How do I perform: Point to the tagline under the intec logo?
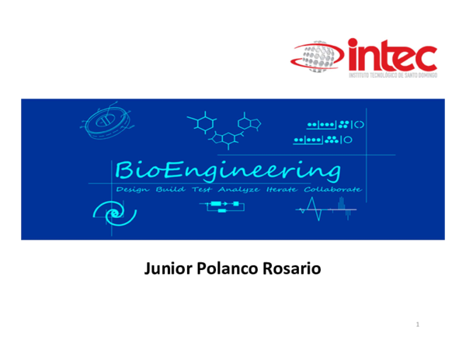click(393, 75)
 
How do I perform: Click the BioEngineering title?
click(227, 170)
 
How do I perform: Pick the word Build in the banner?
click(170, 190)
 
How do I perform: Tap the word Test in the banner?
click(201, 190)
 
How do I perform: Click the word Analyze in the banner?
click(238, 190)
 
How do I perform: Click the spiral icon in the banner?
click(109, 211)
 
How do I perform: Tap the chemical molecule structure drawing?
click(224, 129)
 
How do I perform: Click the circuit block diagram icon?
click(223, 207)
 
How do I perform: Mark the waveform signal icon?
click(326, 208)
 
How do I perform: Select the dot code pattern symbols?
click(330, 132)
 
